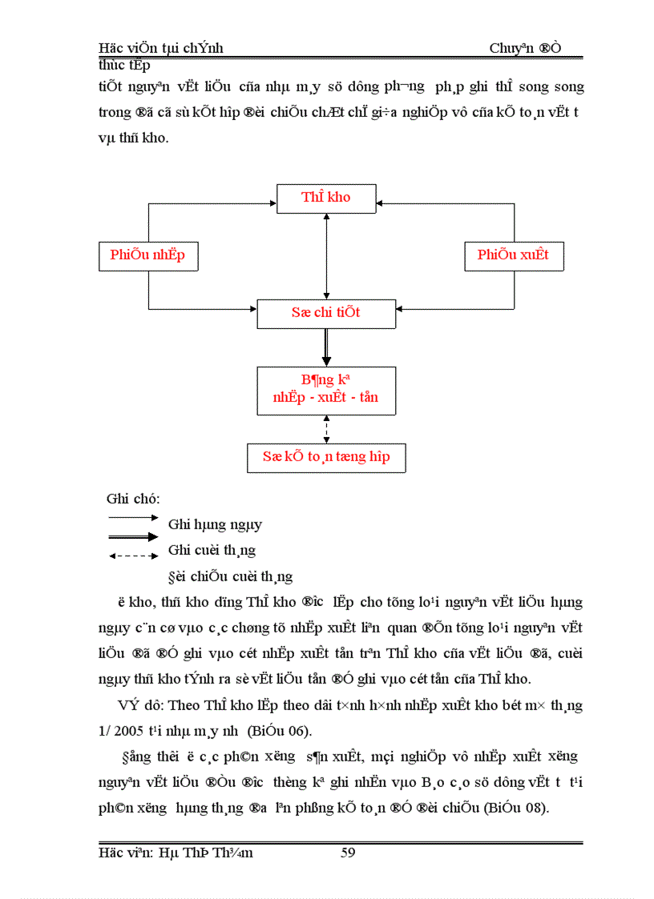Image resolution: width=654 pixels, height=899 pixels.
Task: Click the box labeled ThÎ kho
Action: click(x=326, y=198)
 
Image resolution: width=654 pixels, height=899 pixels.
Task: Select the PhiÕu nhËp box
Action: click(x=147, y=255)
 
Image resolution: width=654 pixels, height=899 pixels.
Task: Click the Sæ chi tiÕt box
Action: click(x=326, y=313)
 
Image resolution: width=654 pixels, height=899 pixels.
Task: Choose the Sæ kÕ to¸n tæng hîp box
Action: click(x=326, y=457)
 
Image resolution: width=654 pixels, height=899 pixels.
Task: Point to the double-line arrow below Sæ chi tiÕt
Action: click(x=326, y=347)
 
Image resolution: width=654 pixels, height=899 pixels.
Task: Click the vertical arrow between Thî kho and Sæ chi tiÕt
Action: click(x=326, y=256)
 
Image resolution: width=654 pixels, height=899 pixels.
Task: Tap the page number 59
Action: click(x=348, y=853)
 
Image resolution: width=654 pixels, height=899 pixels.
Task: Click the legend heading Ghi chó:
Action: click(x=133, y=499)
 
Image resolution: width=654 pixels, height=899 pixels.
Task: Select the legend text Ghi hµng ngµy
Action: click(x=215, y=525)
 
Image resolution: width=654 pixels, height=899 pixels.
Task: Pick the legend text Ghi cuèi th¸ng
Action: click(x=212, y=551)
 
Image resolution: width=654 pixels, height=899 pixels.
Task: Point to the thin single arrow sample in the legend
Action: click(x=133, y=518)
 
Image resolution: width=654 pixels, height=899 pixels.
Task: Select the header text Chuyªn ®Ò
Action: click(x=525, y=49)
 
